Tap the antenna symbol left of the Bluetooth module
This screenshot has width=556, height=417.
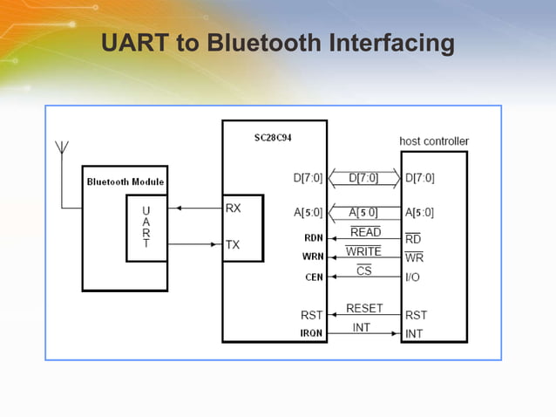pyautogui.click(x=62, y=153)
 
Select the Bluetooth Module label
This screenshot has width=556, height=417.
pyautogui.click(x=125, y=181)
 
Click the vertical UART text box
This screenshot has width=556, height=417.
pyautogui.click(x=146, y=228)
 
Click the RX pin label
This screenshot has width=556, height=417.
pyautogui.click(x=234, y=209)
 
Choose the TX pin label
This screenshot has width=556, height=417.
pyautogui.click(x=233, y=245)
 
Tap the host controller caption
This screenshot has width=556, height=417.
pyautogui.click(x=433, y=140)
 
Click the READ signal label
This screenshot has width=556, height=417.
pyautogui.click(x=364, y=232)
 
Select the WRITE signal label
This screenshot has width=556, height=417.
pyautogui.click(x=363, y=251)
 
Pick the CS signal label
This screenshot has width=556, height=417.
pyautogui.click(x=364, y=271)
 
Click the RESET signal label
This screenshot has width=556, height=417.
pyautogui.click(x=364, y=308)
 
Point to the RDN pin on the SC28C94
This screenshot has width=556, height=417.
pyautogui.click(x=314, y=237)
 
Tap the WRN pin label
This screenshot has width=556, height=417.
pyautogui.click(x=314, y=256)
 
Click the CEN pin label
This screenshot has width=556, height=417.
pyautogui.click(x=315, y=277)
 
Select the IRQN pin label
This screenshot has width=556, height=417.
pyautogui.click(x=312, y=334)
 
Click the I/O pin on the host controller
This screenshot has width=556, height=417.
pyautogui.click(x=414, y=277)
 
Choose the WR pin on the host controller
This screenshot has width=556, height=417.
pyautogui.click(x=415, y=257)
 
